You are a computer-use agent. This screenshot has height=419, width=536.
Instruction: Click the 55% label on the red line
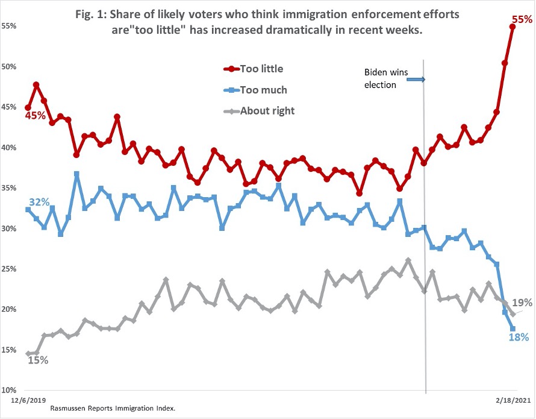click(x=522, y=19)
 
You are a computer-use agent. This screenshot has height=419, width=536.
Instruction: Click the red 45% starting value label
click(x=35, y=115)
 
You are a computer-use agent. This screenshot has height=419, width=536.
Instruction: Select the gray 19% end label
click(x=522, y=303)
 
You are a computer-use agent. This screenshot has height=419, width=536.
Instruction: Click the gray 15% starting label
click(x=37, y=360)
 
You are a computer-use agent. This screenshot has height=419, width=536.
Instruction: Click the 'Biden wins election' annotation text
click(x=386, y=78)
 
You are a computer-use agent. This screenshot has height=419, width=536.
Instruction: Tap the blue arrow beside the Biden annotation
click(x=418, y=79)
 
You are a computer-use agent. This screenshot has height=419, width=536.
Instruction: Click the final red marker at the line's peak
click(x=513, y=27)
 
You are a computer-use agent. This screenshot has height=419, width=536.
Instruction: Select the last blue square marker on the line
click(x=513, y=329)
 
